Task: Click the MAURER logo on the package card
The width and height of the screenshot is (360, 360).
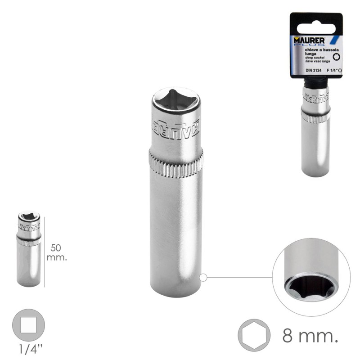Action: click(x=309, y=40)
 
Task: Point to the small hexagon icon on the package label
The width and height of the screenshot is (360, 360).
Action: click(x=336, y=57)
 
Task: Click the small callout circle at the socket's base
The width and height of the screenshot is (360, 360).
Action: click(x=203, y=278)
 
